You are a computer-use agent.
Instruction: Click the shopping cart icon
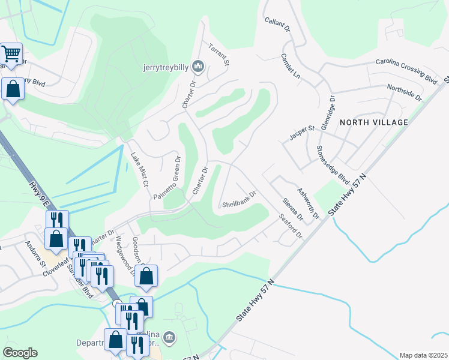(x=11, y=53)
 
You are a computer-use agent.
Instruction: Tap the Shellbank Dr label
(x=239, y=199)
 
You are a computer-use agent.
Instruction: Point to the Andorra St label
(x=34, y=254)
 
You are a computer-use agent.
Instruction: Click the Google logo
(x=20, y=352)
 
